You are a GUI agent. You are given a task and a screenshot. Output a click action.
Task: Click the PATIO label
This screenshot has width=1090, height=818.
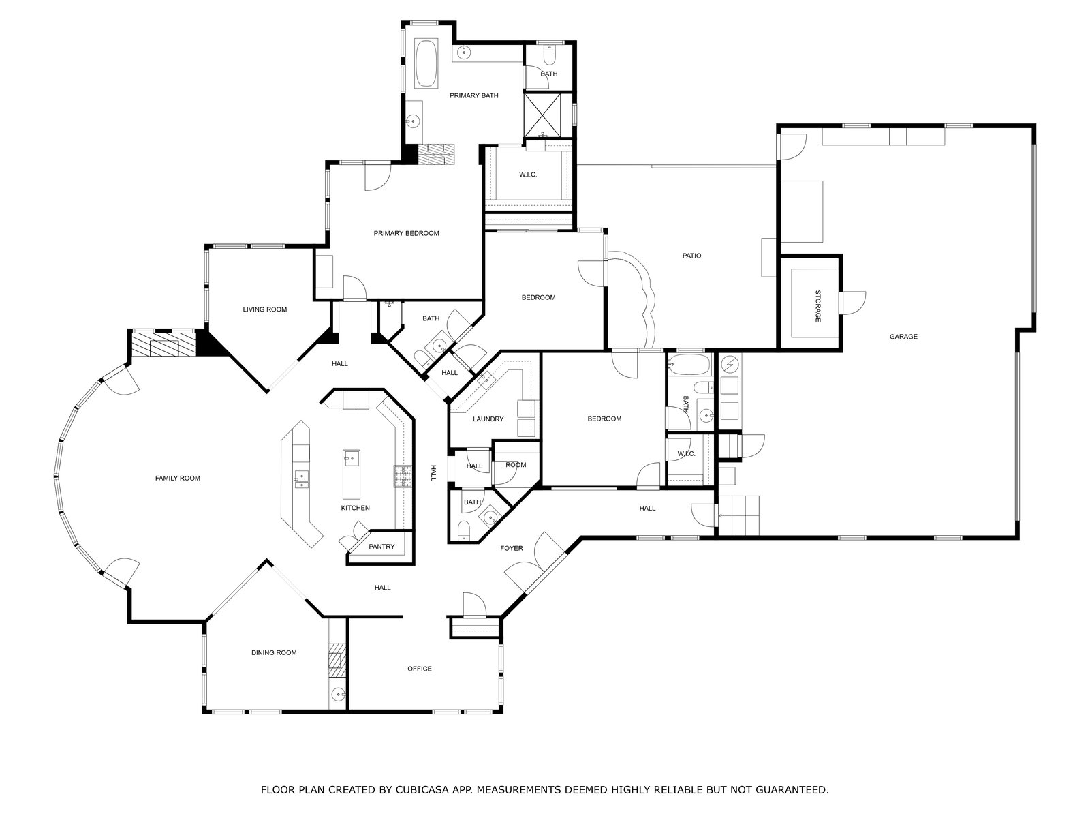coord(691,256)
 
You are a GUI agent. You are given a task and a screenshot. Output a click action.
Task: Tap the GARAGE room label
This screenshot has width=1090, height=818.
coord(903,337)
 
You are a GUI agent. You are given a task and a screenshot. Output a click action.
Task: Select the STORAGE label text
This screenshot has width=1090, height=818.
coord(818,306)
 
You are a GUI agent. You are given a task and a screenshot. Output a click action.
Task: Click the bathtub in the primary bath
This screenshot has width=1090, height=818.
coord(426,63)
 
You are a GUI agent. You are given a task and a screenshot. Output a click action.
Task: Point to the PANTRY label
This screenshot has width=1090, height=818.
coord(381,547)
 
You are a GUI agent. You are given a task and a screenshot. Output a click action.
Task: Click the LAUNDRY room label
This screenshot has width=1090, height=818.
coord(488,419)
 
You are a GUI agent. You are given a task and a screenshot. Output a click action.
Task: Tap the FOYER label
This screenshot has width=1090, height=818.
coord(512,548)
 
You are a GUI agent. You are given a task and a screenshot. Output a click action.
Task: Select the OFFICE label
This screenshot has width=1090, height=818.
coord(420,669)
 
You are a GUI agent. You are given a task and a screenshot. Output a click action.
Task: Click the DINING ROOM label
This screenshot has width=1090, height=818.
coord(274,653)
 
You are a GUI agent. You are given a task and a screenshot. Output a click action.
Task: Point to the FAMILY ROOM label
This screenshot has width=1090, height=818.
coord(178,479)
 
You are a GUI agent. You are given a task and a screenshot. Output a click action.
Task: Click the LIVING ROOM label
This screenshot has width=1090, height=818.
coord(265,309)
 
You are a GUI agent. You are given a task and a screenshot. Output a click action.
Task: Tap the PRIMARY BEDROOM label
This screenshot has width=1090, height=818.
coord(406,233)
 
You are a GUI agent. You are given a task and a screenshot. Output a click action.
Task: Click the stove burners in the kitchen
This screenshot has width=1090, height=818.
coord(403,476)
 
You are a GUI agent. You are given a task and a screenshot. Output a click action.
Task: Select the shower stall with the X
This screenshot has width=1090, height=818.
coord(543,115)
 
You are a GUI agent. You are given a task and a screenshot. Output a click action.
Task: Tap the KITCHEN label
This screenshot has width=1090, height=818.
coord(356,508)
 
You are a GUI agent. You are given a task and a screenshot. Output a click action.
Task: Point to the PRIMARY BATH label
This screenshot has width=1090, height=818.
coord(473,96)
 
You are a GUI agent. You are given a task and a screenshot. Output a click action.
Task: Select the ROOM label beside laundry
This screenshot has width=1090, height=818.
coord(516,466)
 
